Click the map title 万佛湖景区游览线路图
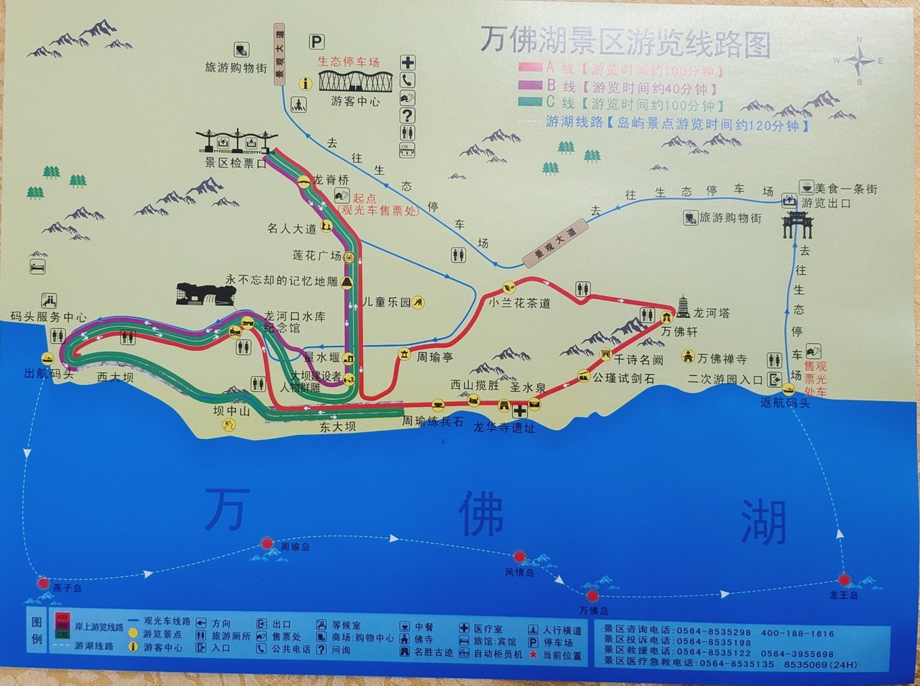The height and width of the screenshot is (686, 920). [625, 42]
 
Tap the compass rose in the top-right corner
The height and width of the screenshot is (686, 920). [859, 61]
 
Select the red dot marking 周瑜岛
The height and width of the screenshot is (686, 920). [267, 543]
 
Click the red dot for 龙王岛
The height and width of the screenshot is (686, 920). [844, 580]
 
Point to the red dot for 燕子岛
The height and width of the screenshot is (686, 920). [43, 582]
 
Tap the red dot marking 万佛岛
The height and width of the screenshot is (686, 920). [593, 596]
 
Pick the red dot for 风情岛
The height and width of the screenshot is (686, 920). [520, 557]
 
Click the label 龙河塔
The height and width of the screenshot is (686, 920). [711, 313]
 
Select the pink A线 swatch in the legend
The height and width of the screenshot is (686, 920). [530, 68]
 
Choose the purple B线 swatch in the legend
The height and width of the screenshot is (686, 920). [530, 85]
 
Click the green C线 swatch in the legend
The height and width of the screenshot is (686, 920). [530, 103]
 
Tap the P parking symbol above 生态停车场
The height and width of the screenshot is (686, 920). [316, 42]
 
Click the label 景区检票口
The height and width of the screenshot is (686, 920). [236, 163]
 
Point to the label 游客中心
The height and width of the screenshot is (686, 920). [355, 101]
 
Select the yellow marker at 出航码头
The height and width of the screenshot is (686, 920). [47, 359]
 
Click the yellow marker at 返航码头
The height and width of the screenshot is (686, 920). [788, 389]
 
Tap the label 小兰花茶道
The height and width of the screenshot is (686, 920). [520, 303]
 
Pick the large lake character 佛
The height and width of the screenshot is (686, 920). [480, 514]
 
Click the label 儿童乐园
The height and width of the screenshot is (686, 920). [386, 302]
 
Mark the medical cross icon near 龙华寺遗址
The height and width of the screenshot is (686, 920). [520, 411]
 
